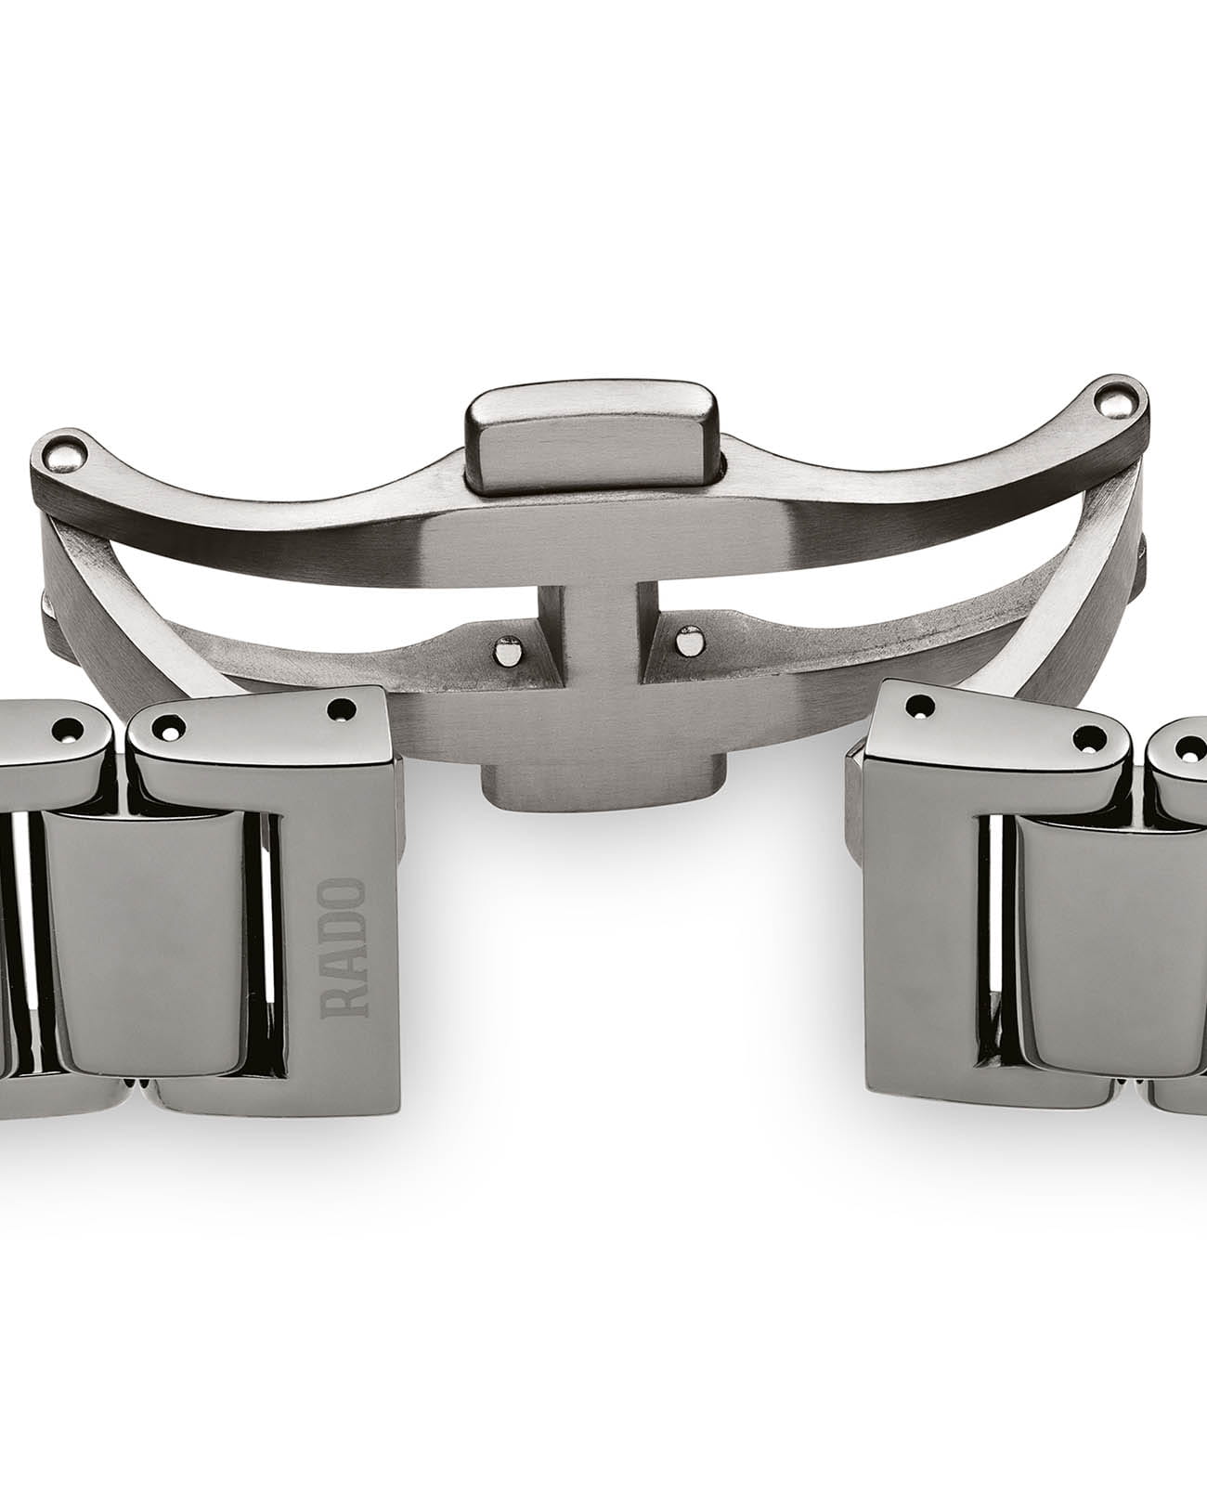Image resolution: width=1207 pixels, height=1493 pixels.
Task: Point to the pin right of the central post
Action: click(686, 640)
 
